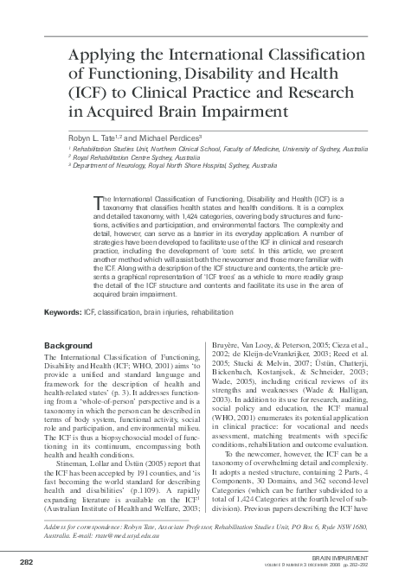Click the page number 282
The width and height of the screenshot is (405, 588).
[25, 563]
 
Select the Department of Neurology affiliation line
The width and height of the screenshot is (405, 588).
[176, 164]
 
